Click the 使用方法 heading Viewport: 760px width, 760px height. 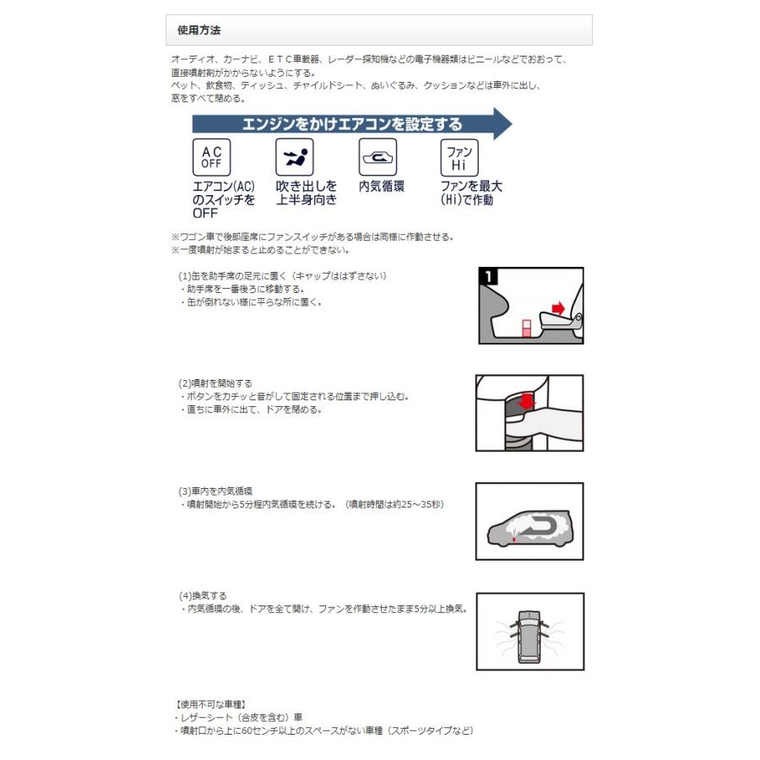(x=199, y=30)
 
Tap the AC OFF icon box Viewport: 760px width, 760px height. (x=211, y=158)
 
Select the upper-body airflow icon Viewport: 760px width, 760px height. (x=294, y=158)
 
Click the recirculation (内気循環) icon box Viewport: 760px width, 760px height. (x=377, y=158)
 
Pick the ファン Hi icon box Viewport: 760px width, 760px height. (x=459, y=158)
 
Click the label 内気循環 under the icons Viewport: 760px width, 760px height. (x=381, y=187)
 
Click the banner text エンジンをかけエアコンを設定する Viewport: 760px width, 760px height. (x=352, y=124)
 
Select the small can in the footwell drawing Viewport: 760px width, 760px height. (x=526, y=328)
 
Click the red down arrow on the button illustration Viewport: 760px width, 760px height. (x=527, y=400)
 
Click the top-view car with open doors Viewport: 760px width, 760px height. (x=529, y=631)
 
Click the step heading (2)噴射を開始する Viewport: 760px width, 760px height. (x=214, y=383)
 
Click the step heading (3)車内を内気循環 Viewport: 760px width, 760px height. (x=215, y=491)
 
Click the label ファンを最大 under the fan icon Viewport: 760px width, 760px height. (x=471, y=187)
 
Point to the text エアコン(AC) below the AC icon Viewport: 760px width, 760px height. (x=224, y=187)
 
